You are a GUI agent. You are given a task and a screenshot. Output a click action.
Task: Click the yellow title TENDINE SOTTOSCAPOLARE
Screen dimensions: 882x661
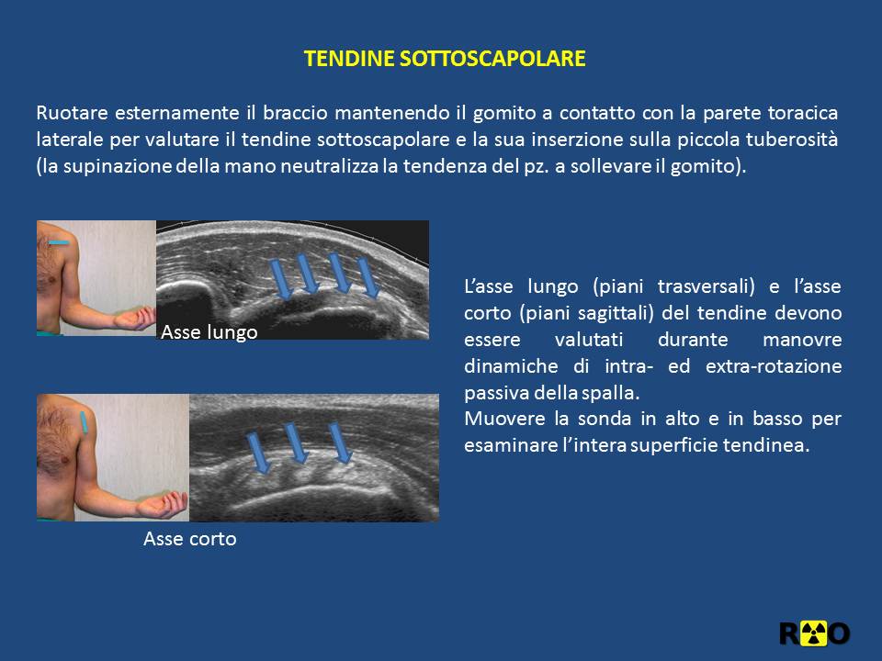pyautogui.click(x=445, y=59)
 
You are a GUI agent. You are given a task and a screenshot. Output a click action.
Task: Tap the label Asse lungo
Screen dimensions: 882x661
pyautogui.click(x=209, y=332)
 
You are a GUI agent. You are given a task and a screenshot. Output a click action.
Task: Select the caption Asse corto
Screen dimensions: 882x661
pyautogui.click(x=189, y=539)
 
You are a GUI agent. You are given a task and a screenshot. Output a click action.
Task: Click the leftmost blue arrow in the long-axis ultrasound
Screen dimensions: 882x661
pyautogui.click(x=281, y=279)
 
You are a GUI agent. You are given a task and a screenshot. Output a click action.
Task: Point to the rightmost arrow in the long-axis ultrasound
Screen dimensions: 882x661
pyautogui.click(x=368, y=277)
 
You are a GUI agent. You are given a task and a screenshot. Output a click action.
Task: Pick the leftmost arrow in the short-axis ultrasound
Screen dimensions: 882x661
pyautogui.click(x=259, y=453)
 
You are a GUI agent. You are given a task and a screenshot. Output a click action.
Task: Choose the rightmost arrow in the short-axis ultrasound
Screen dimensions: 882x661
pyautogui.click(x=341, y=443)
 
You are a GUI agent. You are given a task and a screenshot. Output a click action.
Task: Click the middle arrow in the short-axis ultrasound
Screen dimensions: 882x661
pyautogui.click(x=296, y=443)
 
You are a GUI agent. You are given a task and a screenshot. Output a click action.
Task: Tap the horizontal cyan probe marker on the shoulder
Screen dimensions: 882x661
pyautogui.click(x=59, y=242)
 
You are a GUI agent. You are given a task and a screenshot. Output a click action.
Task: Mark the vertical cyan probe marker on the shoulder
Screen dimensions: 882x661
pyautogui.click(x=84, y=422)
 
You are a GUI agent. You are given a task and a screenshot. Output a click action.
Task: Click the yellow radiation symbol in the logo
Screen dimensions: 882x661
pyautogui.click(x=813, y=633)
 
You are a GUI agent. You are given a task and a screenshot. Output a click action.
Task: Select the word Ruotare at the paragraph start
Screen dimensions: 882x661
pyautogui.click(x=72, y=113)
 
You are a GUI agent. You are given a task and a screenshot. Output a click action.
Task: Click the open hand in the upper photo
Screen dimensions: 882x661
pyautogui.click(x=135, y=319)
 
